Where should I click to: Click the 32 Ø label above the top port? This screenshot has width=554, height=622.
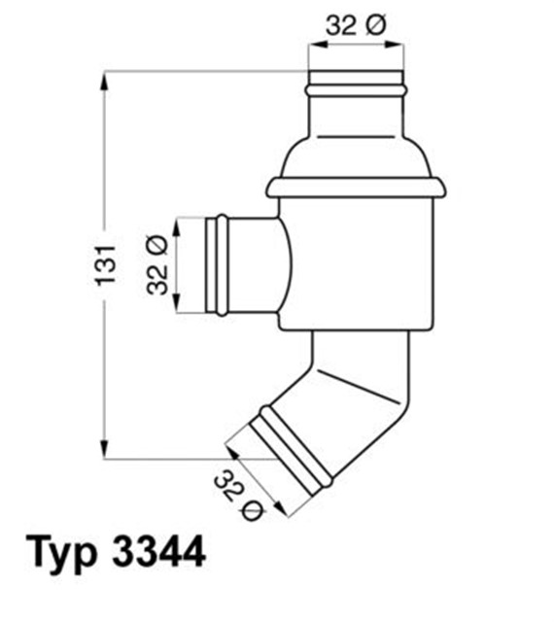tap(355, 26)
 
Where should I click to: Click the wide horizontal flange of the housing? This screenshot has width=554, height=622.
tap(356, 187)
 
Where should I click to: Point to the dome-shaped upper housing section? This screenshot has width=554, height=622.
tap(356, 152)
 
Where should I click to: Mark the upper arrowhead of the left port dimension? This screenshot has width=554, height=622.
tap(176, 225)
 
